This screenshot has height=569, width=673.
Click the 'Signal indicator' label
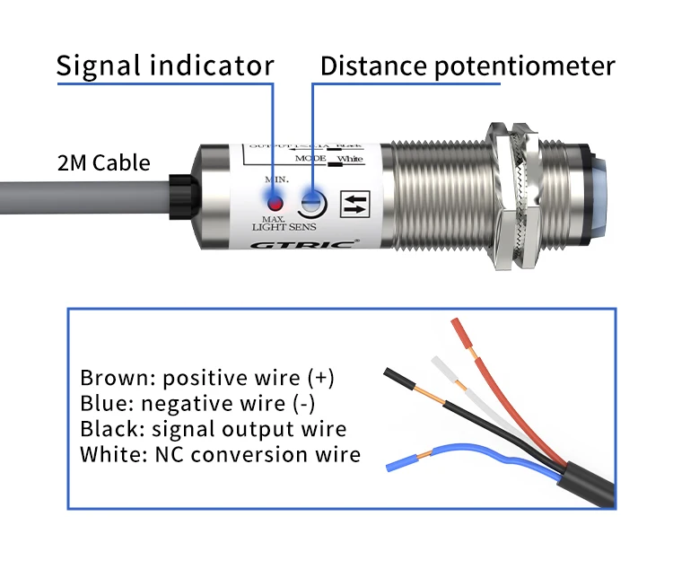point(164,66)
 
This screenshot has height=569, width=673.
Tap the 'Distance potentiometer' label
point(468,66)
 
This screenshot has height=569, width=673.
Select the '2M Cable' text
point(103,163)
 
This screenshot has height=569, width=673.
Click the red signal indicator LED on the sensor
point(274,199)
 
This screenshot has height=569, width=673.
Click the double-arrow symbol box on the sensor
point(357,203)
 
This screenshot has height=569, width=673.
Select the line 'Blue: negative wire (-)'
point(197,404)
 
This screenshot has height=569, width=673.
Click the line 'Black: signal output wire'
point(213,429)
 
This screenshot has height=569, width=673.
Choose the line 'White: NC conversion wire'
point(220,455)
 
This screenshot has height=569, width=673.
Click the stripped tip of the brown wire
point(461,335)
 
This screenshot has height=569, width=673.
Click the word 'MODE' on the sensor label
point(310,157)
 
